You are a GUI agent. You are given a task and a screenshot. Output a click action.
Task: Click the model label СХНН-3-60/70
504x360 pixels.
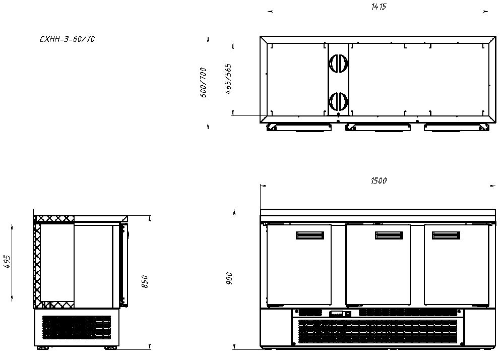[67, 39]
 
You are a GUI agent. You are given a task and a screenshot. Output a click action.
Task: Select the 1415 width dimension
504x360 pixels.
[379, 7]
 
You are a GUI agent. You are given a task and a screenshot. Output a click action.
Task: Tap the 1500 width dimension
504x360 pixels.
[379, 181]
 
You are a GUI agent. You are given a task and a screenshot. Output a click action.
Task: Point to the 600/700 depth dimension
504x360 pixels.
[204, 82]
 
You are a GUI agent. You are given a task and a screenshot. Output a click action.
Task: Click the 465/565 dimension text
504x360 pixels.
[228, 79]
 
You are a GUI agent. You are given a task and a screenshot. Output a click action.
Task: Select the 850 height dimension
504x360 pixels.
[145, 281]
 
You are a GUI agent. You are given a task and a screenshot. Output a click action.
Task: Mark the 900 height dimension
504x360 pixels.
[229, 278]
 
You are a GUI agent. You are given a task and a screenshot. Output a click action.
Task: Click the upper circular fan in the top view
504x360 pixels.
[339, 64]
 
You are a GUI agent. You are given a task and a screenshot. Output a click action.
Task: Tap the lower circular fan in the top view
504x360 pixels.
[339, 101]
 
